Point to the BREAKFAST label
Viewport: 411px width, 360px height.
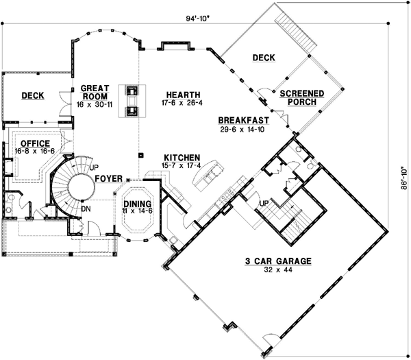pos(243,120)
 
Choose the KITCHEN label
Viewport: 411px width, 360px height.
pos(182,157)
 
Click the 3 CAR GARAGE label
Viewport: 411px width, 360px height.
pos(279,261)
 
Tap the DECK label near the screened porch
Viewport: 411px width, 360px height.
pos(263,58)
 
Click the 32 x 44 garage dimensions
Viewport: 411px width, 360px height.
pos(279,271)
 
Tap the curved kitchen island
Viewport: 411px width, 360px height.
pos(208,177)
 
